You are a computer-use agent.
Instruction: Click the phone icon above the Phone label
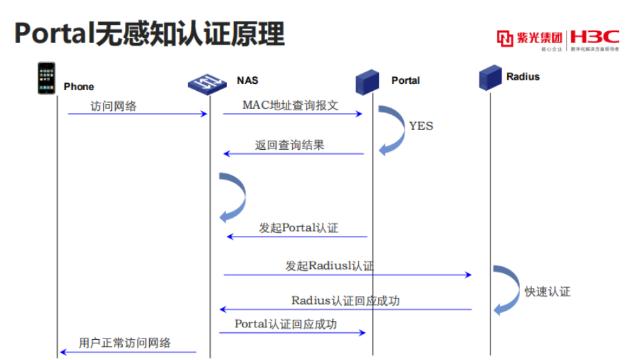(46, 78)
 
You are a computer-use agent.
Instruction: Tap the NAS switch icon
(208, 84)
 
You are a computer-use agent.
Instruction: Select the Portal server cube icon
(367, 82)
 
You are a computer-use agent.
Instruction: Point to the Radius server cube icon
(491, 76)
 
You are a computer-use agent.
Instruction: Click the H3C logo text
(595, 37)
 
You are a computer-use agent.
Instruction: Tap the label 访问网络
(113, 106)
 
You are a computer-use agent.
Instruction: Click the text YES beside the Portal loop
(420, 126)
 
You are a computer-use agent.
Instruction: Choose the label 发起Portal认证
(298, 228)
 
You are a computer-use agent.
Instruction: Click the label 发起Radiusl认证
(330, 266)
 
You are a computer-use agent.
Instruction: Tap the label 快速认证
(547, 292)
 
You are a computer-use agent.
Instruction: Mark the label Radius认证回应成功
(345, 301)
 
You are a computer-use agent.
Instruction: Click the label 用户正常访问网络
(125, 343)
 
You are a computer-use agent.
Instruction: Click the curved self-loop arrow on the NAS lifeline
(234, 197)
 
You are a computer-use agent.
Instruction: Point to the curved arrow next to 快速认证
(506, 289)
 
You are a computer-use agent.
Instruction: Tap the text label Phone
(78, 87)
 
